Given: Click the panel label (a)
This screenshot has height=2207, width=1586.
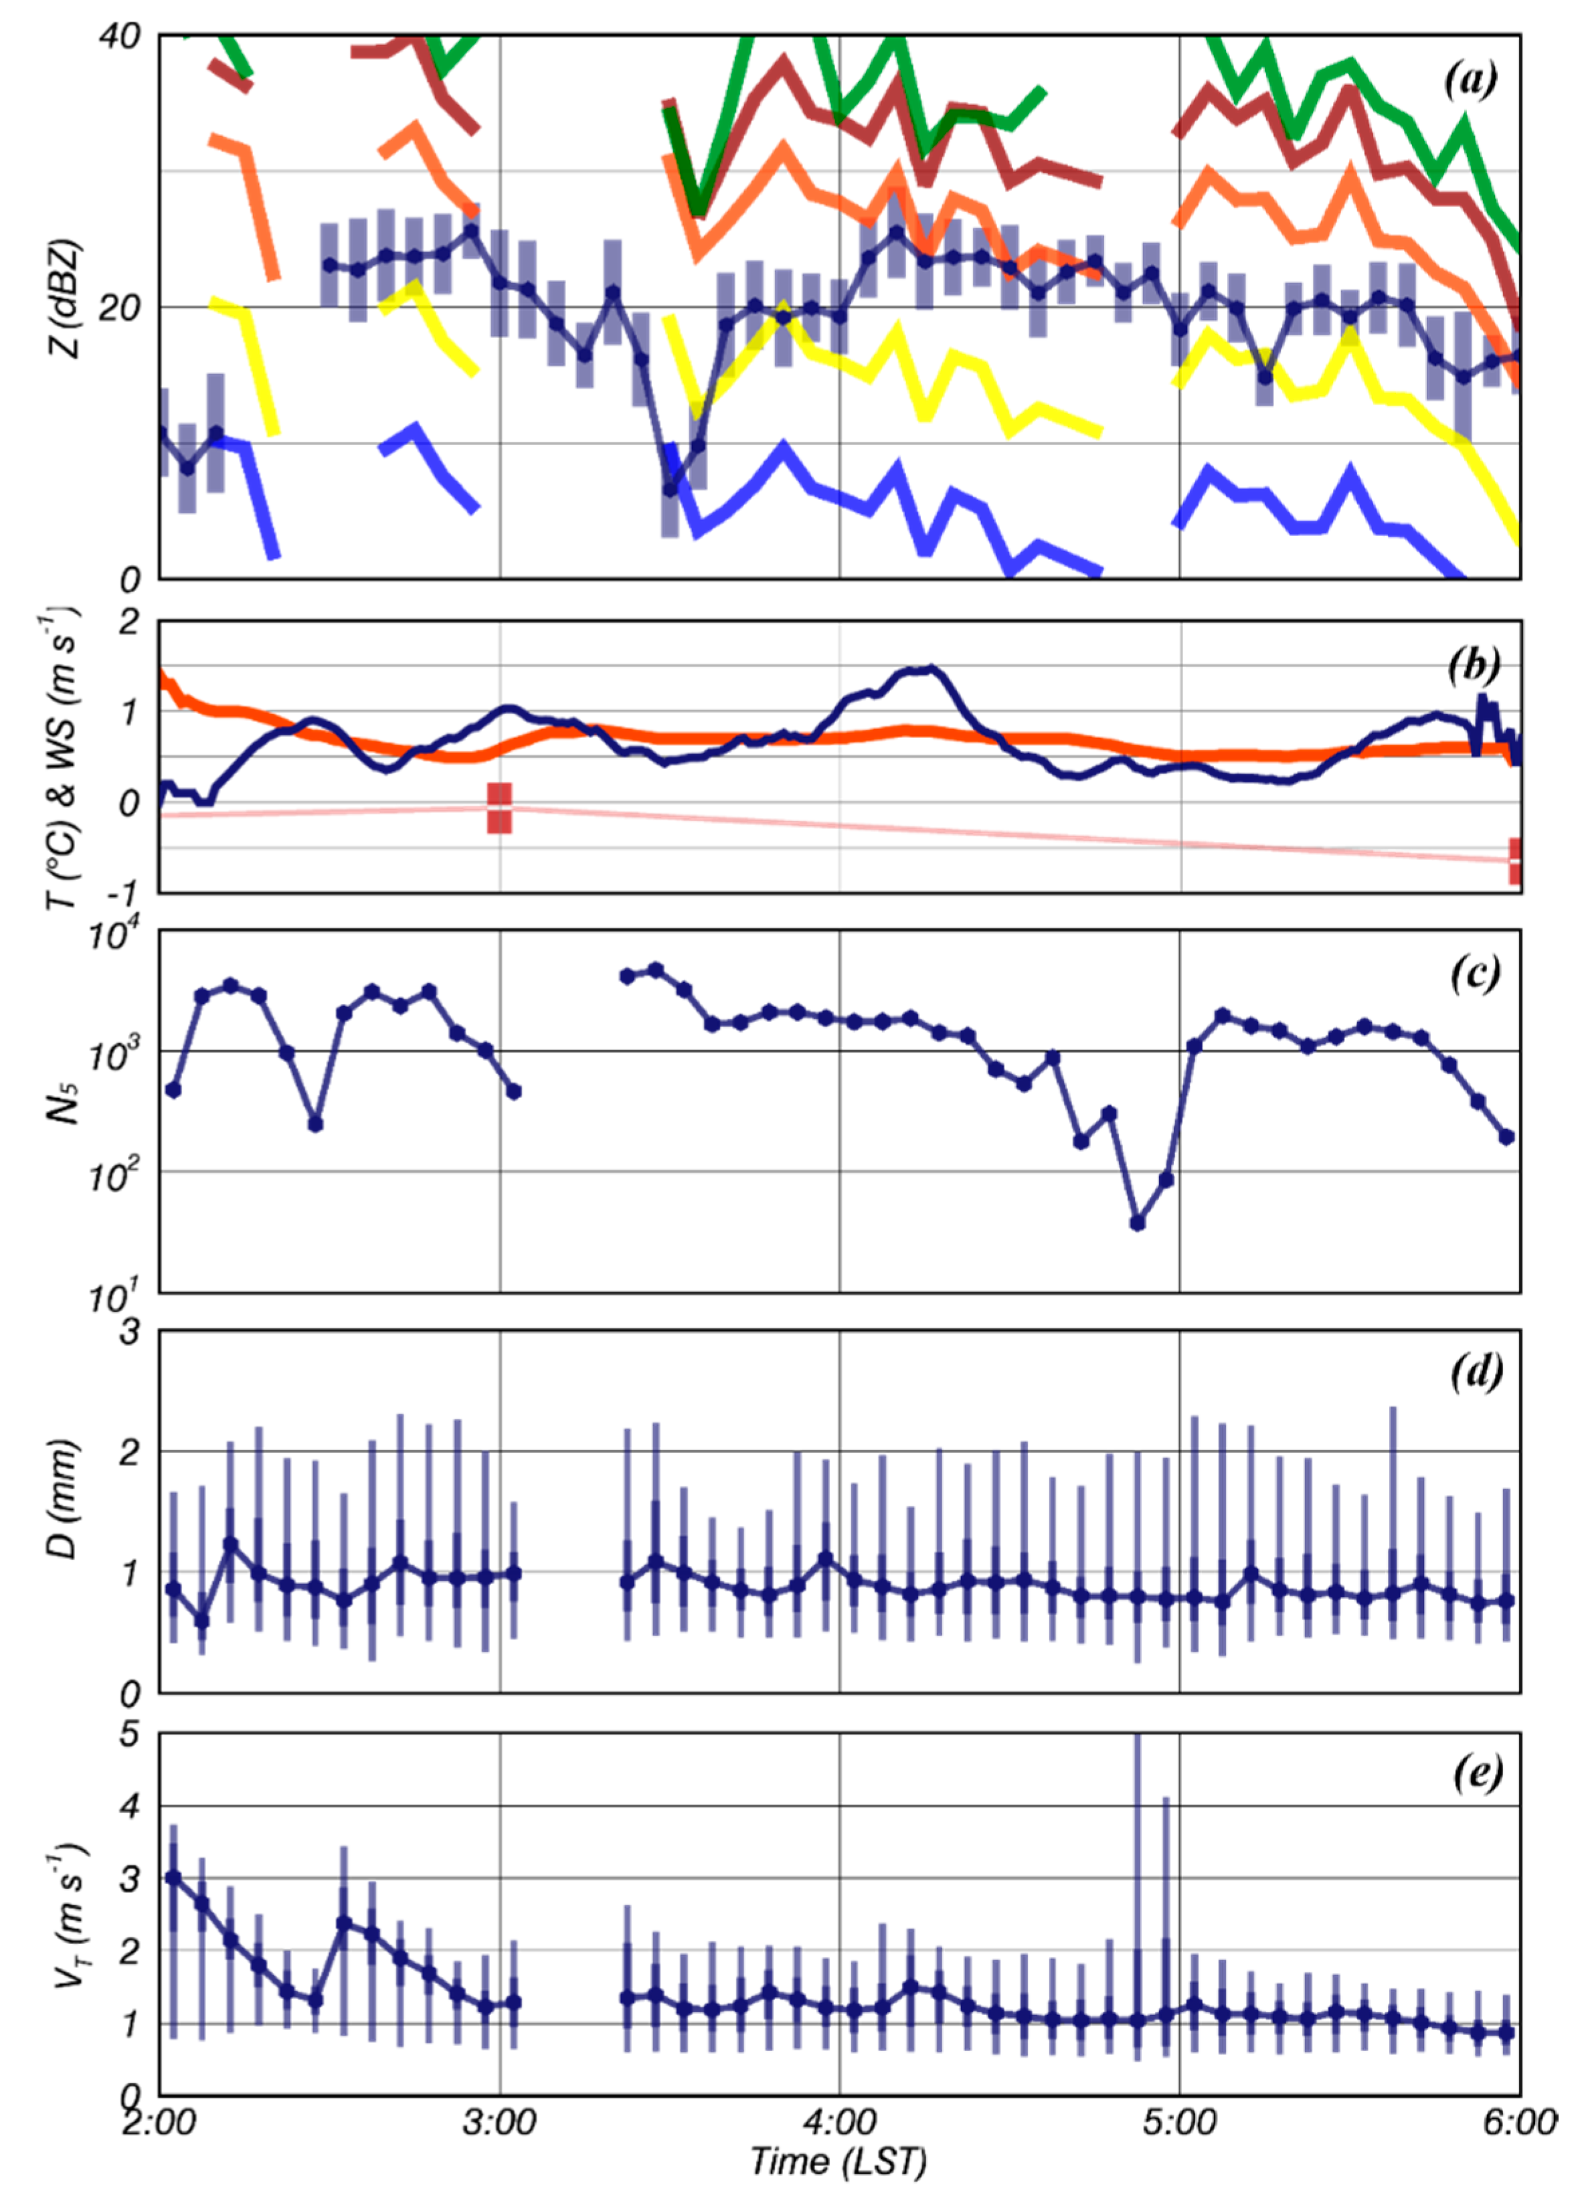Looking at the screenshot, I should point(1470,80).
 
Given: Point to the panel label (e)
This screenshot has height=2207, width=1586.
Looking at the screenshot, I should point(1477,1773).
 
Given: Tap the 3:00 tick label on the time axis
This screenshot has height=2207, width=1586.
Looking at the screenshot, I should point(499,2121).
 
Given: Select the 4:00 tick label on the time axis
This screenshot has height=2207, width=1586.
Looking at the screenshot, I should point(839,2121).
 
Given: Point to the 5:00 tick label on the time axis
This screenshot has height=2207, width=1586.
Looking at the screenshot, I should point(1179,2121).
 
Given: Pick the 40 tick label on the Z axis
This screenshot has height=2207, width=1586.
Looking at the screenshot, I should point(120,37).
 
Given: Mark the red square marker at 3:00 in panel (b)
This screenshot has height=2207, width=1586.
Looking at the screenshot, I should point(499,808).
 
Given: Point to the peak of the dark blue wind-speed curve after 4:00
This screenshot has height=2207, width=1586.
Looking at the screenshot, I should point(932,669).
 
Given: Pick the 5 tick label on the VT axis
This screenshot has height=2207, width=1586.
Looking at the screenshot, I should point(129,1734).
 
